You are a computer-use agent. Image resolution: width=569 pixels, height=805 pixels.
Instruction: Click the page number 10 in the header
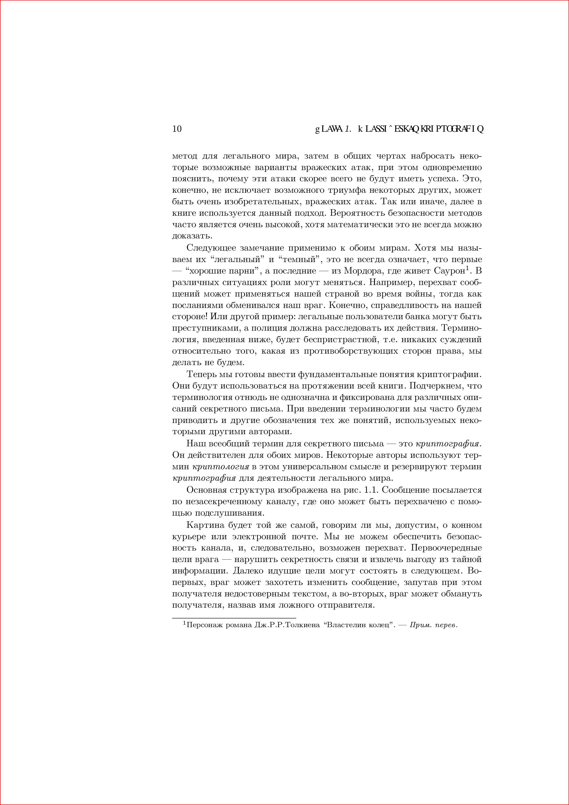tap(177, 129)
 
